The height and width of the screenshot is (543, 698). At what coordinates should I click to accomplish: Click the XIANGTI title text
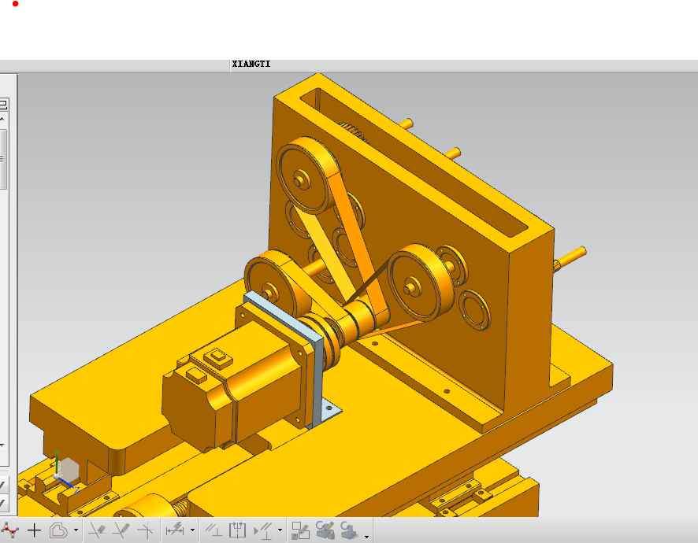pyautogui.click(x=251, y=64)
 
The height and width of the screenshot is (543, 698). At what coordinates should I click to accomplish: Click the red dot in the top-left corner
pyautogui.click(x=16, y=4)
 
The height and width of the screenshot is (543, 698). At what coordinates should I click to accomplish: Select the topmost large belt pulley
pyautogui.click(x=308, y=175)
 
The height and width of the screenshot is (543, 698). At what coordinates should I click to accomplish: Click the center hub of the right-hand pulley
pyautogui.click(x=411, y=286)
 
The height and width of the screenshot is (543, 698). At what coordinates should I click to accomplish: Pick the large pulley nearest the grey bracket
pyautogui.click(x=272, y=283)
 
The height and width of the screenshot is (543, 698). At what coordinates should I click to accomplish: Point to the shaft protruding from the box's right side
pyautogui.click(x=570, y=258)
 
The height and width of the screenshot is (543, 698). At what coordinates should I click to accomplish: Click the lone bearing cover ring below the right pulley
pyautogui.click(x=474, y=309)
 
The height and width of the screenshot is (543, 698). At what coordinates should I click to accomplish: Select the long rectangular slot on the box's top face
pyautogui.click(x=413, y=162)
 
